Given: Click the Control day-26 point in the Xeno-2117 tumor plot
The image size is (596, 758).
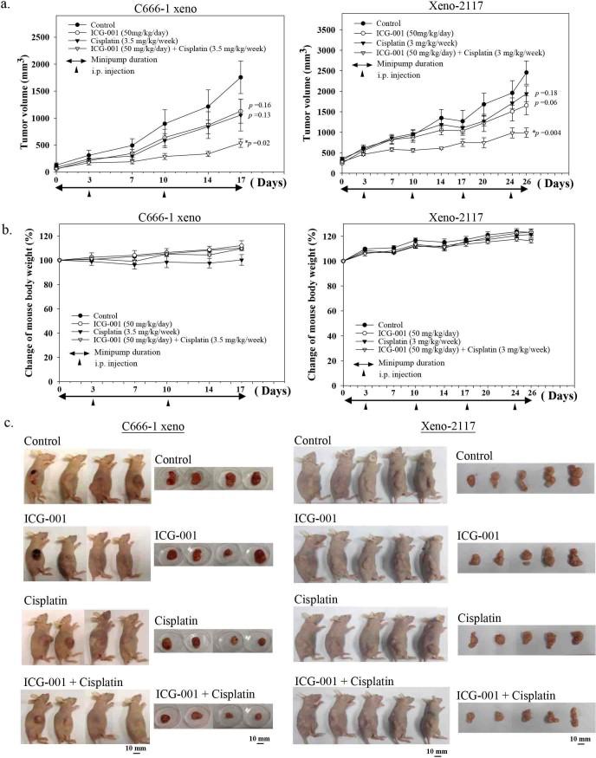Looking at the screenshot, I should (525, 73).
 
